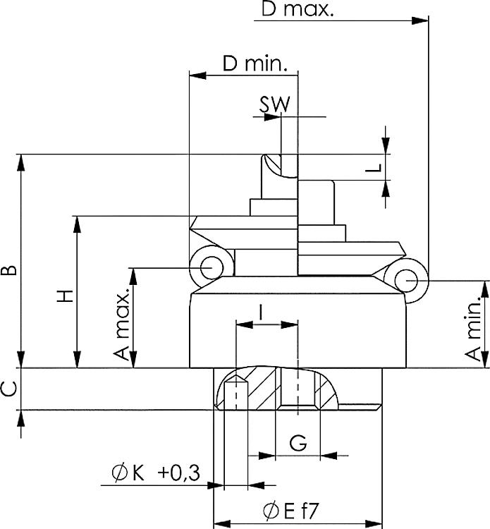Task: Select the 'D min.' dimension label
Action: pyautogui.click(x=255, y=64)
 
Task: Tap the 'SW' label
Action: pyautogui.click(x=274, y=104)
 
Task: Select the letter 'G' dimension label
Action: pyautogui.click(x=298, y=444)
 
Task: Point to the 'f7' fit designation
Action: pyautogui.click(x=312, y=510)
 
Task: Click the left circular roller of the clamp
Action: pyautogui.click(x=210, y=268)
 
